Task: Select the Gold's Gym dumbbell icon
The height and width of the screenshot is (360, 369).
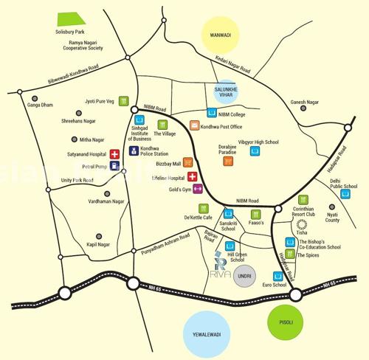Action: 197,190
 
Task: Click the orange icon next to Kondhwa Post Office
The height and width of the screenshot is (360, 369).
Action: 194,126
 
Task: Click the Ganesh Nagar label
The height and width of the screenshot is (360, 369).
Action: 308,102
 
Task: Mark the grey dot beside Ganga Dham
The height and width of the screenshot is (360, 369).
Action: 32,97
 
